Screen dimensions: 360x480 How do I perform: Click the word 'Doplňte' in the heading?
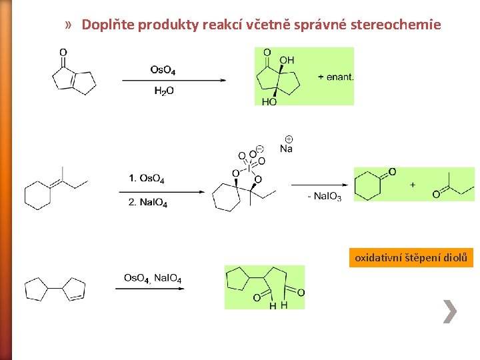[107, 25]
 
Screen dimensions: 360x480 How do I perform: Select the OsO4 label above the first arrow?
[163, 69]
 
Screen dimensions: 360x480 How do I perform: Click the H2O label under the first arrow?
[163, 91]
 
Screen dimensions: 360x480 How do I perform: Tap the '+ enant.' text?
[336, 77]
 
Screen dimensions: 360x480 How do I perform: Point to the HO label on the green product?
[269, 101]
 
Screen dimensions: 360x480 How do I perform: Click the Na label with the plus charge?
[286, 147]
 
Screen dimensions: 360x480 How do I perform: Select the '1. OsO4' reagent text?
[147, 178]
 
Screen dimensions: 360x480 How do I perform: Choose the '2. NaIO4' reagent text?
[148, 202]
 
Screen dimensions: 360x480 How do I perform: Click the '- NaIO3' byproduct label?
[324, 196]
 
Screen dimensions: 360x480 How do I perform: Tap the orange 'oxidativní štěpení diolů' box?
[411, 257]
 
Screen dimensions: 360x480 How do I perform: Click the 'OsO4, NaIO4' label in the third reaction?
[153, 278]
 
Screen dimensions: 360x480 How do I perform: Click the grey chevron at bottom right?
[450, 311]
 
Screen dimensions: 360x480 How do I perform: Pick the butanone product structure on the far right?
[450, 183]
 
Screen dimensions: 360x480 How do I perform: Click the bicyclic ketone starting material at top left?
[73, 74]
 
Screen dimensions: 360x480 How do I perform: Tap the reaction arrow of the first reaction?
[173, 81]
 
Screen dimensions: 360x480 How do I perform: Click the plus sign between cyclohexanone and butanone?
[413, 185]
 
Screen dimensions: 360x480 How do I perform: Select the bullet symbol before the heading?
[69, 25]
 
